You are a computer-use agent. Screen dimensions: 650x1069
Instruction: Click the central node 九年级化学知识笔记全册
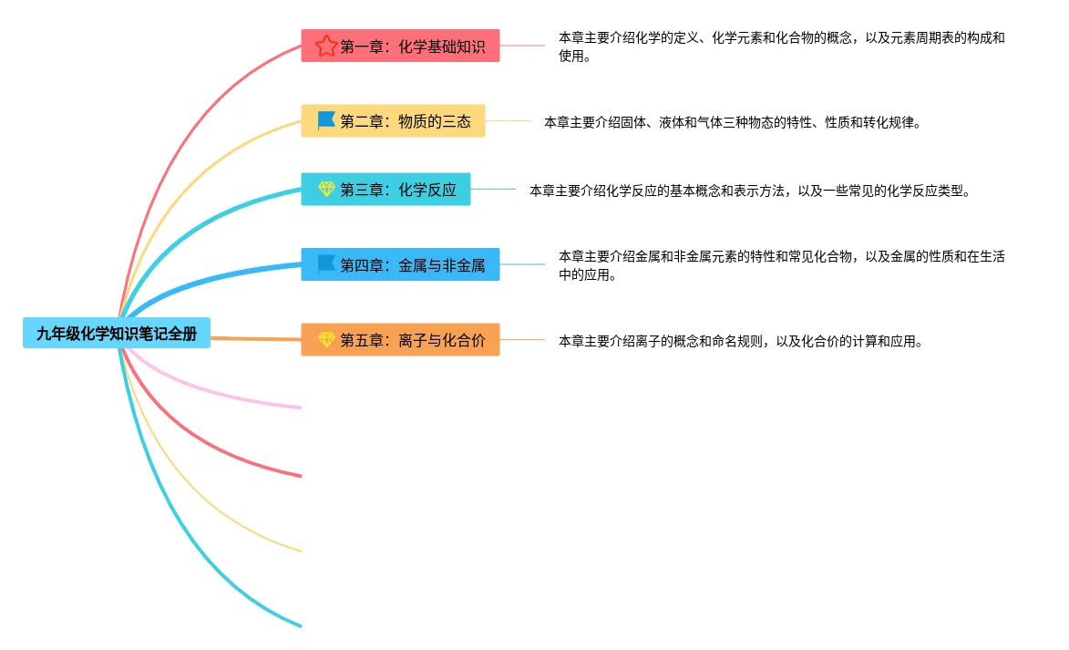pos(117,334)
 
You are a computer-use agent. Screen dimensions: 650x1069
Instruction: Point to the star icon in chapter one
pos(326,46)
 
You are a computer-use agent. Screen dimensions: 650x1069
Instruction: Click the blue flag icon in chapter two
pos(326,120)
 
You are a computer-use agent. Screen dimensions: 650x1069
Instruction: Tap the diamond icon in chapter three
pos(326,190)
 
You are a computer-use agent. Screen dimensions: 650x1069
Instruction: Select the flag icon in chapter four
pos(326,264)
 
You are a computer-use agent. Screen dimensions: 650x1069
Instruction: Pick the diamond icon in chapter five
pos(326,340)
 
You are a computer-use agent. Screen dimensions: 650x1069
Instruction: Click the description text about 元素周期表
pos(781,46)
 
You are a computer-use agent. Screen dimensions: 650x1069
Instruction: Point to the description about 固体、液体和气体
pos(732,121)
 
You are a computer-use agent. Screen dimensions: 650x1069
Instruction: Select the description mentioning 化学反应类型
pos(750,191)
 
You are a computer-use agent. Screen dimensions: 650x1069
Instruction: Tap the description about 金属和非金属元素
pos(781,265)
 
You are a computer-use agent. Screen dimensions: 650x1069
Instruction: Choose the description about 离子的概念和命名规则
pos(741,341)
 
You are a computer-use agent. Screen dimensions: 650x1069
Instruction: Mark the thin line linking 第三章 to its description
pos(493,190)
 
